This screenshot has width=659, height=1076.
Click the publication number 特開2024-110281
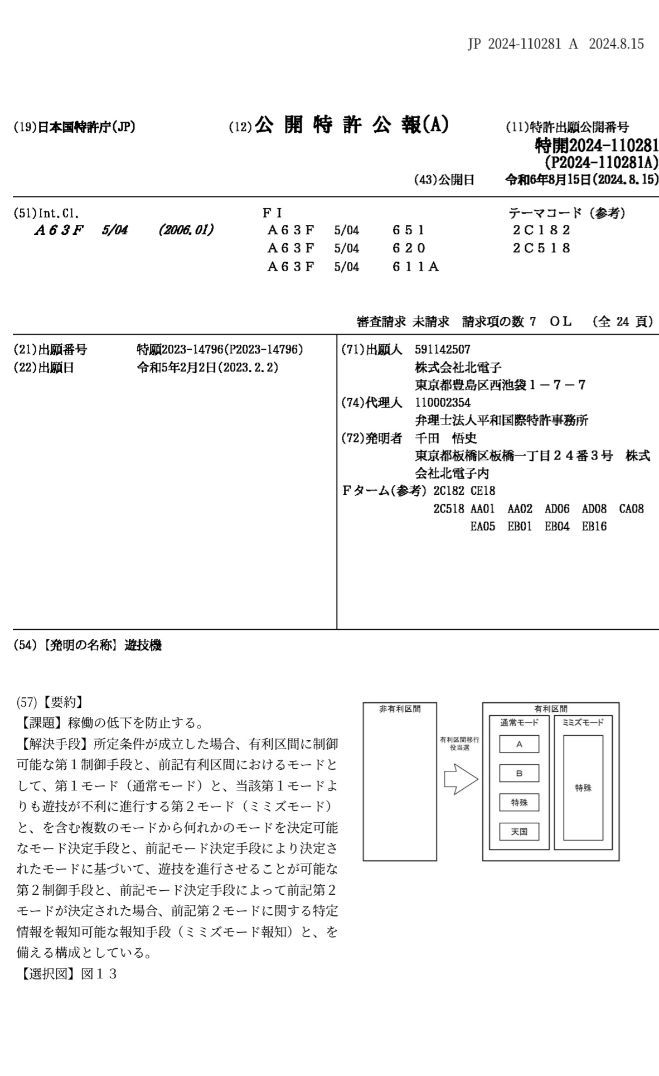596,146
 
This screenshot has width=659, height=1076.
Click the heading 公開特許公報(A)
351,126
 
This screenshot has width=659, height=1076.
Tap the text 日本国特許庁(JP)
86,127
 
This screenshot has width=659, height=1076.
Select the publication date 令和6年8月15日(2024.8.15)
582,180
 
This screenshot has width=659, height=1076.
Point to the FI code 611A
415,267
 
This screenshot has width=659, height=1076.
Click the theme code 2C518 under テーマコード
541,248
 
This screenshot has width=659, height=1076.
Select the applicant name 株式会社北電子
458,368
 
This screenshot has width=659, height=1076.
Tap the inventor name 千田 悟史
445,438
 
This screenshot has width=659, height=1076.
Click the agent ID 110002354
443,403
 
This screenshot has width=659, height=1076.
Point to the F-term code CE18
482,491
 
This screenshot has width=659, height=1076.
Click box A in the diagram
519,744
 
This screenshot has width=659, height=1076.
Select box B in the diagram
519,773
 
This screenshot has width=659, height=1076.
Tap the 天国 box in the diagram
519,832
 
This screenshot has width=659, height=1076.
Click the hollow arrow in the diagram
461,779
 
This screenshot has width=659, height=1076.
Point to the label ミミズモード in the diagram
583,723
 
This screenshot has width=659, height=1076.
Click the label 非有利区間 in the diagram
400,709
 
